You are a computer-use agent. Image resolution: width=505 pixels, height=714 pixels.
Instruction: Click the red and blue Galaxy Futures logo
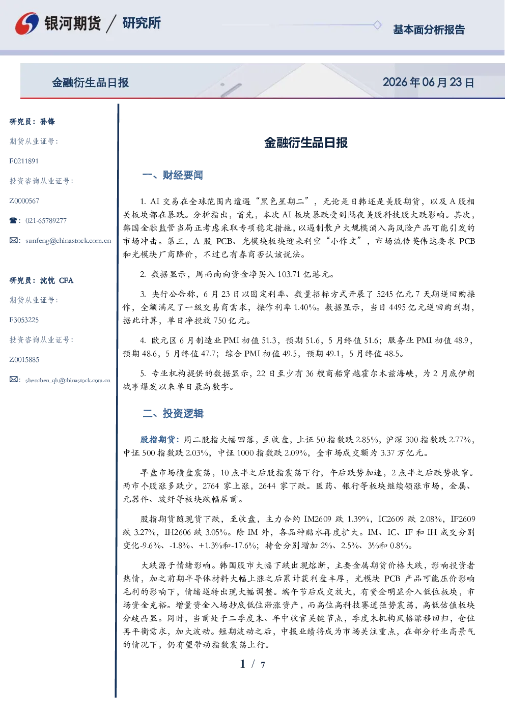pyautogui.click(x=27, y=23)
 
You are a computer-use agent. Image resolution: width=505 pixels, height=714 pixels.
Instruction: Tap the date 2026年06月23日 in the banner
pyautogui.click(x=428, y=82)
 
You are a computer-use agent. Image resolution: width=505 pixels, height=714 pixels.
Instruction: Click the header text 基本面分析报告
pyautogui.click(x=429, y=30)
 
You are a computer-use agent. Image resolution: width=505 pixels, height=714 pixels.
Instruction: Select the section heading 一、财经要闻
pyautogui.click(x=173, y=175)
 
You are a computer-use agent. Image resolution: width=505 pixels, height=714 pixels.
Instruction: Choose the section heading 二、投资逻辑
pyautogui.click(x=173, y=413)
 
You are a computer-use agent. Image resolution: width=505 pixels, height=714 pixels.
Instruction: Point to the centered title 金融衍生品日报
pyautogui.click(x=306, y=142)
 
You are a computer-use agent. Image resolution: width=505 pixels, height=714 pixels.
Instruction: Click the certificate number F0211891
pyautogui.click(x=24, y=161)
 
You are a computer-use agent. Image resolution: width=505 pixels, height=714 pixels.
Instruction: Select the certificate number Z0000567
pyautogui.click(x=24, y=201)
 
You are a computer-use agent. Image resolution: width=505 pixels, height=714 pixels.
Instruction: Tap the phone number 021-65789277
pyautogui.click(x=46, y=220)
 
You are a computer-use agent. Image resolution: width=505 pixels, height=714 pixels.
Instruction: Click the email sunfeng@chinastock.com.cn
pyautogui.click(x=68, y=241)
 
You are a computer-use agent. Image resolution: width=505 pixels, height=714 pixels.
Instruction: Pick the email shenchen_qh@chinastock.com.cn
pyautogui.click(x=68, y=380)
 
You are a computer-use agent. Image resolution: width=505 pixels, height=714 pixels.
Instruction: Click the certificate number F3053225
pyautogui.click(x=24, y=320)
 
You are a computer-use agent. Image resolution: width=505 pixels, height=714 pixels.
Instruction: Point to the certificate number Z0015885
pyautogui.click(x=24, y=360)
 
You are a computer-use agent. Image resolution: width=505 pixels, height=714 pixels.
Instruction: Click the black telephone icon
pyautogui.click(x=13, y=220)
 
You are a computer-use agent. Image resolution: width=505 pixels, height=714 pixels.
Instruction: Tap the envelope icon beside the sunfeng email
pyautogui.click(x=13, y=240)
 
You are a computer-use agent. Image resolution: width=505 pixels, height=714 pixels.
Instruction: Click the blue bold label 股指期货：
pyautogui.click(x=161, y=440)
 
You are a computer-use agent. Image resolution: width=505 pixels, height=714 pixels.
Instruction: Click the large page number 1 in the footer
pyautogui.click(x=243, y=664)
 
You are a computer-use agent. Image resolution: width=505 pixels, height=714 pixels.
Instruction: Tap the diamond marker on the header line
pyautogui.click(x=377, y=25)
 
